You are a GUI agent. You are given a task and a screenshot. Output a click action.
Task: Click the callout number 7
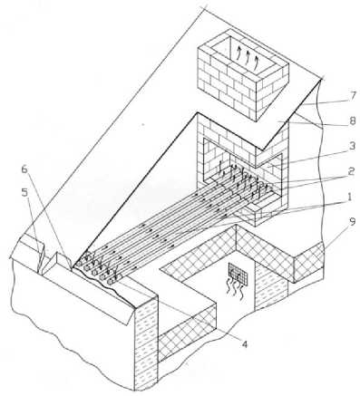pos(351,96)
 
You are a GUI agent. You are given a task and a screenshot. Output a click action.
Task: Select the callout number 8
pos(351,121)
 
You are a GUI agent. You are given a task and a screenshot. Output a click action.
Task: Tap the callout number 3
pos(351,148)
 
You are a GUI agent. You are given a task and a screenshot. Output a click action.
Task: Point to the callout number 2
pos(351,171)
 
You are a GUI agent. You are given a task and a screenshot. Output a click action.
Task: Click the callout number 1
pos(349,198)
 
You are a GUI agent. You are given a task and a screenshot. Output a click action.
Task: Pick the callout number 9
pos(353,223)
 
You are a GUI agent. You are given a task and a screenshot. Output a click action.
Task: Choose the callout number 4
pos(244,343)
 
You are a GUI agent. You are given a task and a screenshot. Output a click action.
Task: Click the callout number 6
pos(24,169)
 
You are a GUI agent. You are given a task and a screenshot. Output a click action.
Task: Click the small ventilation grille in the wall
pos(238,274)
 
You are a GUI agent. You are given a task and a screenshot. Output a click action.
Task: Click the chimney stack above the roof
pos(243,80)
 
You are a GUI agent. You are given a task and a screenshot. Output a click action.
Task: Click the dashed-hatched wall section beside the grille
pos(270,285)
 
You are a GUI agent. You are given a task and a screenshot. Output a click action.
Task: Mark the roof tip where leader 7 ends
pos(322,79)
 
